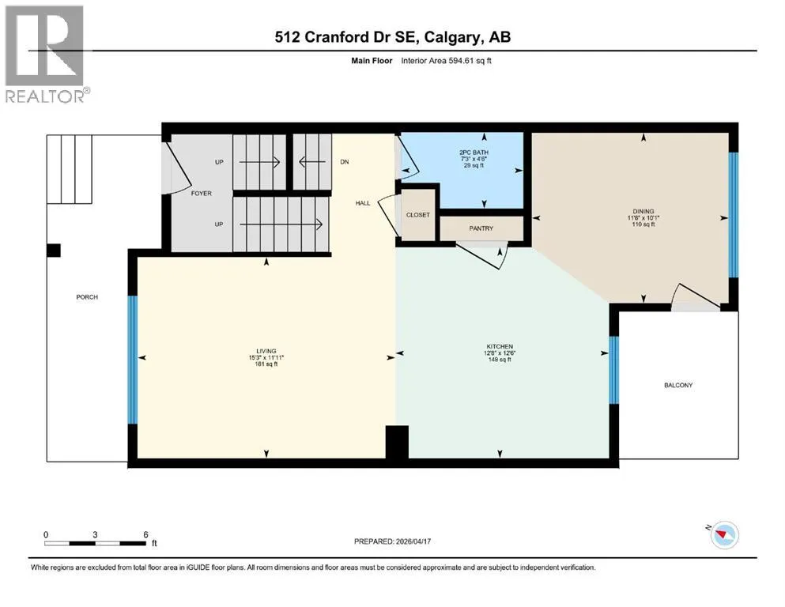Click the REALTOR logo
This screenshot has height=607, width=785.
click(x=47, y=54)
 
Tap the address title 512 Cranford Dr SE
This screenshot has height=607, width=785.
click(x=348, y=37)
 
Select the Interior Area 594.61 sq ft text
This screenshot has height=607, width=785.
click(x=446, y=61)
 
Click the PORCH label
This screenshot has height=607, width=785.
click(x=87, y=296)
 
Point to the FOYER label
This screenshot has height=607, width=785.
click(x=202, y=193)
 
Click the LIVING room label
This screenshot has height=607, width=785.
click(x=266, y=351)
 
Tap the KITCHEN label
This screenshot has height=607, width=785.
click(x=500, y=346)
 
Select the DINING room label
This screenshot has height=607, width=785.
click(x=643, y=211)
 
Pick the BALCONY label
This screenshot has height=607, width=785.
click(x=678, y=385)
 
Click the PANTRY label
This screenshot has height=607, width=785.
click(x=481, y=228)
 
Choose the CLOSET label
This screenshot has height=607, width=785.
click(x=418, y=215)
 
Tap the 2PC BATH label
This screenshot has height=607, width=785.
click(x=474, y=152)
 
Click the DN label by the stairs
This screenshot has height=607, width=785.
click(x=345, y=162)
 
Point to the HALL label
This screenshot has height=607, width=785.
click(x=363, y=202)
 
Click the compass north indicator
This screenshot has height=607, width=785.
click(x=723, y=534)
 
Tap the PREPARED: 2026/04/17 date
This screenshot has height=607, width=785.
click(x=392, y=541)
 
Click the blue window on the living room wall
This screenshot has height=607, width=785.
click(x=132, y=360)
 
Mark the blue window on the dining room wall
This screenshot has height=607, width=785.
click(x=733, y=215)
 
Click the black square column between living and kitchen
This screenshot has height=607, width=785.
click(x=397, y=441)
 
